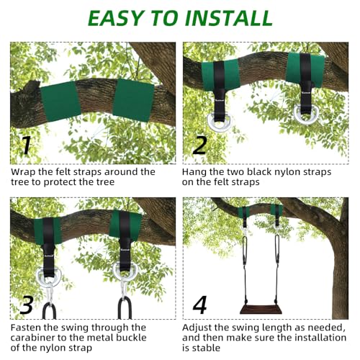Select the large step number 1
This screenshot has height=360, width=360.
pyautogui.click(x=26, y=145)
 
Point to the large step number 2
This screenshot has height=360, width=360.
pyautogui.click(x=199, y=145)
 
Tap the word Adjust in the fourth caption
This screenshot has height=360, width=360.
pyautogui.click(x=202, y=326)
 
